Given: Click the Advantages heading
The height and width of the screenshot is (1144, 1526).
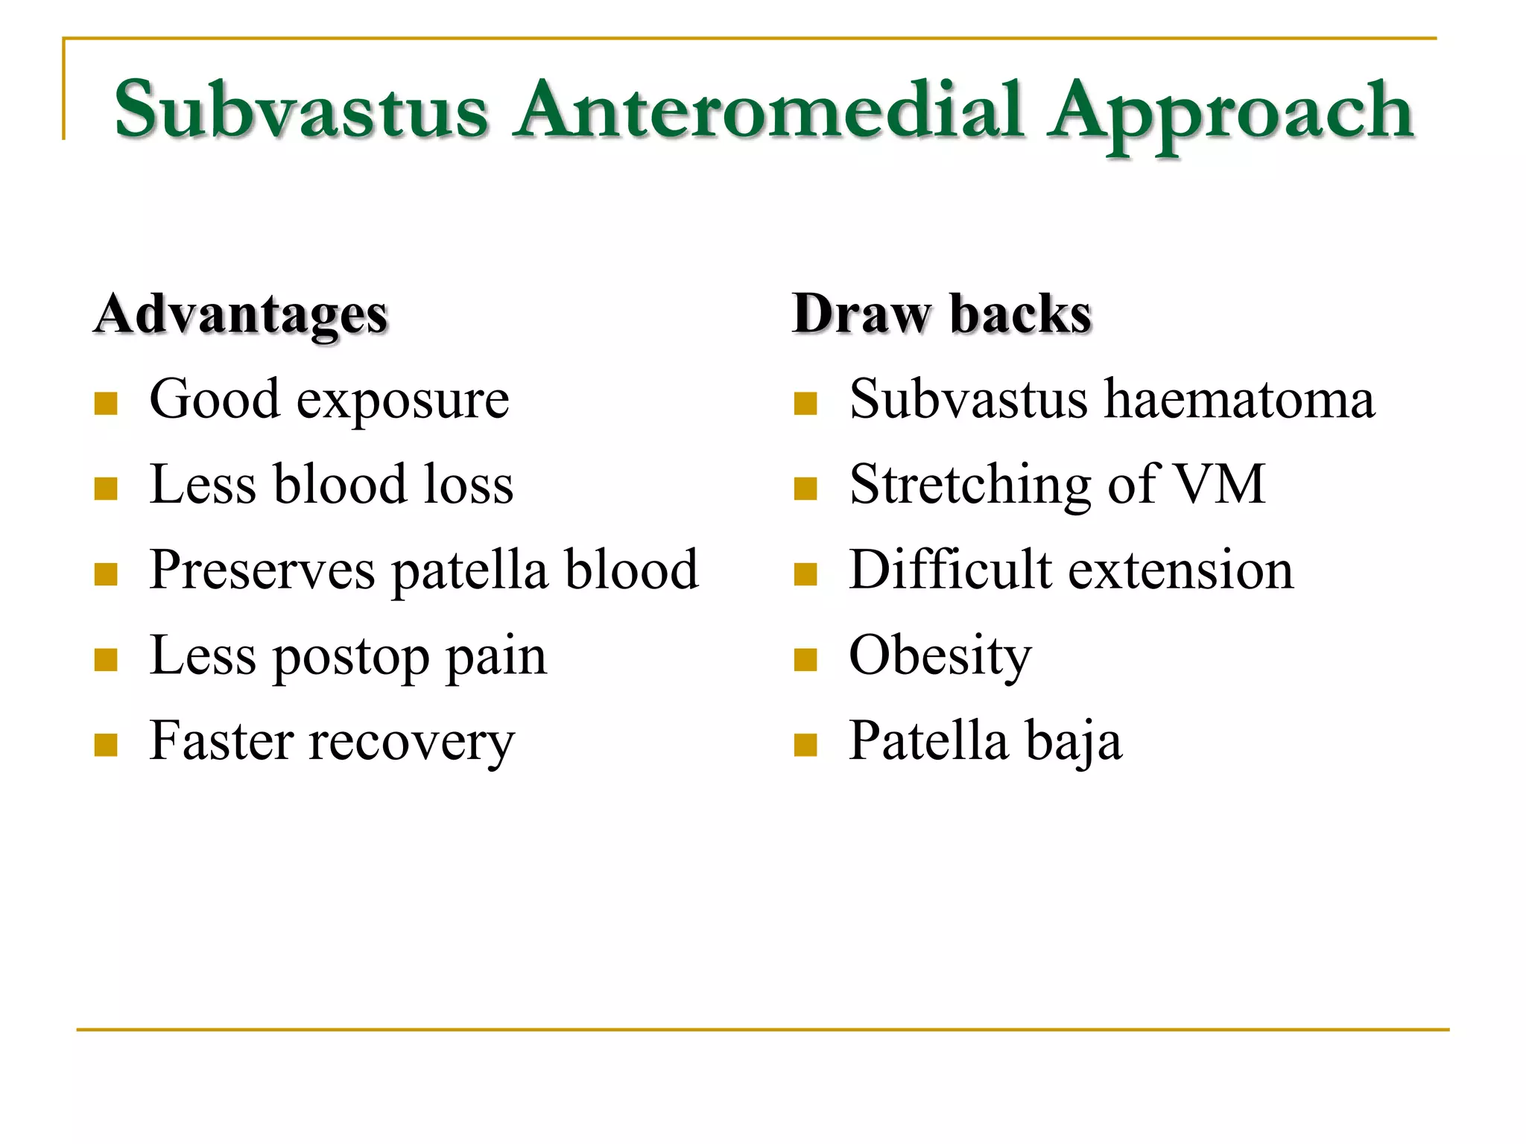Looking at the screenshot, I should pos(241,314).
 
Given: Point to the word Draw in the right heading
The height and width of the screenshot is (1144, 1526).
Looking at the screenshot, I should pos(861,314).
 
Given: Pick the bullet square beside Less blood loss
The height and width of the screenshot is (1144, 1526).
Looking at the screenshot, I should pos(106,489).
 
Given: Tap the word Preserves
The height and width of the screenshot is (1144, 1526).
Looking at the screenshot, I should pos(262,571).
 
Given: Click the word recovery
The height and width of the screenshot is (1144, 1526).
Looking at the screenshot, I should pos(412,743).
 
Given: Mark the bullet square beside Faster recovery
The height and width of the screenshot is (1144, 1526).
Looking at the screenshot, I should pos(106,745).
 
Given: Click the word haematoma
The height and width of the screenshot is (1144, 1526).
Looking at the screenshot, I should pos(1239,400).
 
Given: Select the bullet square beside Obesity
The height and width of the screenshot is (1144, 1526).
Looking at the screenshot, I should pos(805,660).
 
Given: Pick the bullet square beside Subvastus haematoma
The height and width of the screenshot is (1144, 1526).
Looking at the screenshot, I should pos(805,404).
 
